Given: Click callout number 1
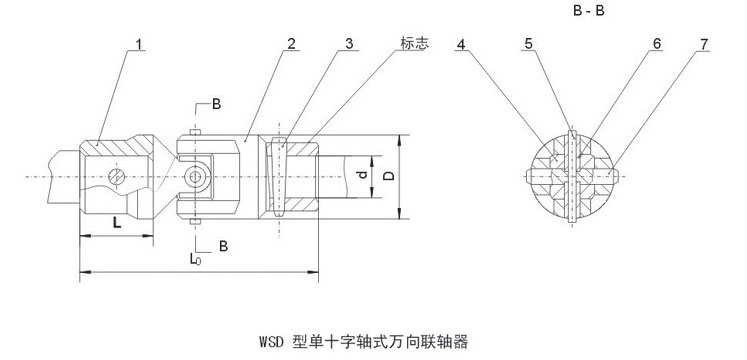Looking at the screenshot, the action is point(139,44).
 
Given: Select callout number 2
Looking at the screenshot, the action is point(291,44).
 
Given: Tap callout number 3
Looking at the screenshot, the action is point(349,44).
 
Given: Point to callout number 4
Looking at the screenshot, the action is point(461,44).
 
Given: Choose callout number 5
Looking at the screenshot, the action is point(529,44).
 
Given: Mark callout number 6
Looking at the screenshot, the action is point(657,44).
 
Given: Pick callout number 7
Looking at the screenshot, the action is point(704,44).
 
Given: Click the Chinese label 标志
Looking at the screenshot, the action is point(414,43).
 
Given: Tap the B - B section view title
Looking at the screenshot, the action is point(589,11).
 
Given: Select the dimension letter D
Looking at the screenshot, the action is point(390,176).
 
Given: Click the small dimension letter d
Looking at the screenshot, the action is point(363,175).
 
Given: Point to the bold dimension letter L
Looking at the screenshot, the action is point(116,222).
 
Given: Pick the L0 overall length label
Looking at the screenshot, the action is point(195,259).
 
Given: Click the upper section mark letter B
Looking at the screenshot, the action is point(216,104).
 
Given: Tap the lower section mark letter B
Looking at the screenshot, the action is point(223,246).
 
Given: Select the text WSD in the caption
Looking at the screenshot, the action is point(272,342).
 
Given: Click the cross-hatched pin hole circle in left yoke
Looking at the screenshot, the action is point(116,177).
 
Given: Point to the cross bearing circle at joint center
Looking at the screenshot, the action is point(195,177).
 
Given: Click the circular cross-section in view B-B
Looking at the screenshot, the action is point(571,177).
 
